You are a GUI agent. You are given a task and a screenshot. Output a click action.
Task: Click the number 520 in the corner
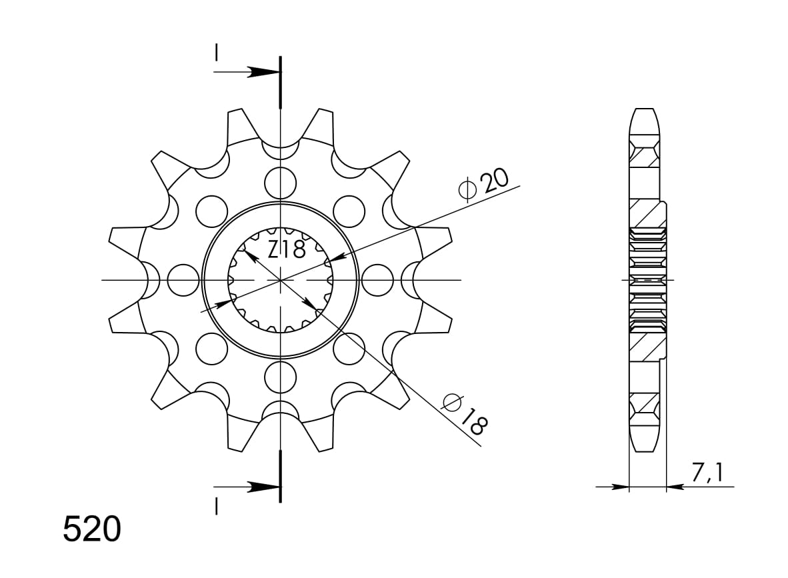pyautogui.click(x=92, y=530)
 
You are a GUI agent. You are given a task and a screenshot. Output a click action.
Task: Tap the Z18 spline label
pyautogui.click(x=286, y=249)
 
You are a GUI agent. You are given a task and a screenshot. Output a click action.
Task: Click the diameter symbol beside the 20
pyautogui.click(x=467, y=191)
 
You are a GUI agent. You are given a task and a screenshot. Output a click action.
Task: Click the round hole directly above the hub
pyautogui.click(x=280, y=182)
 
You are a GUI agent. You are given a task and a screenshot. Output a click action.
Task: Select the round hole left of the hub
pyautogui.click(x=183, y=280)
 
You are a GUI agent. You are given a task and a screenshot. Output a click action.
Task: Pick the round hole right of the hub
pyautogui.click(x=378, y=280)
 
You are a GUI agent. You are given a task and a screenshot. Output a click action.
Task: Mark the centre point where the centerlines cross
pyautogui.click(x=281, y=280)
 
